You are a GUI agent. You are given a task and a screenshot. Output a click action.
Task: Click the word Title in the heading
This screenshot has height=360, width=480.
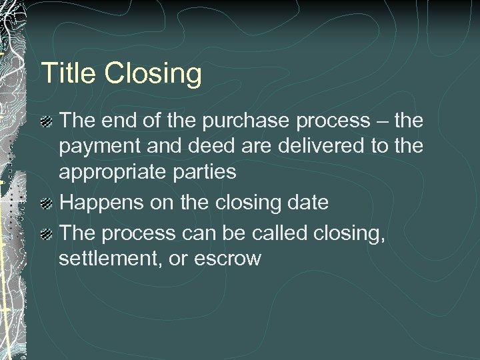click(x=65, y=73)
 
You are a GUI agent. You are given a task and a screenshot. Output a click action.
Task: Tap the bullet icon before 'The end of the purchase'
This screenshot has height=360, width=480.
click(x=47, y=122)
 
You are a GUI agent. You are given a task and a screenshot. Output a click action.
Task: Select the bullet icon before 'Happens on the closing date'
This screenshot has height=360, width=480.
click(x=47, y=203)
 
